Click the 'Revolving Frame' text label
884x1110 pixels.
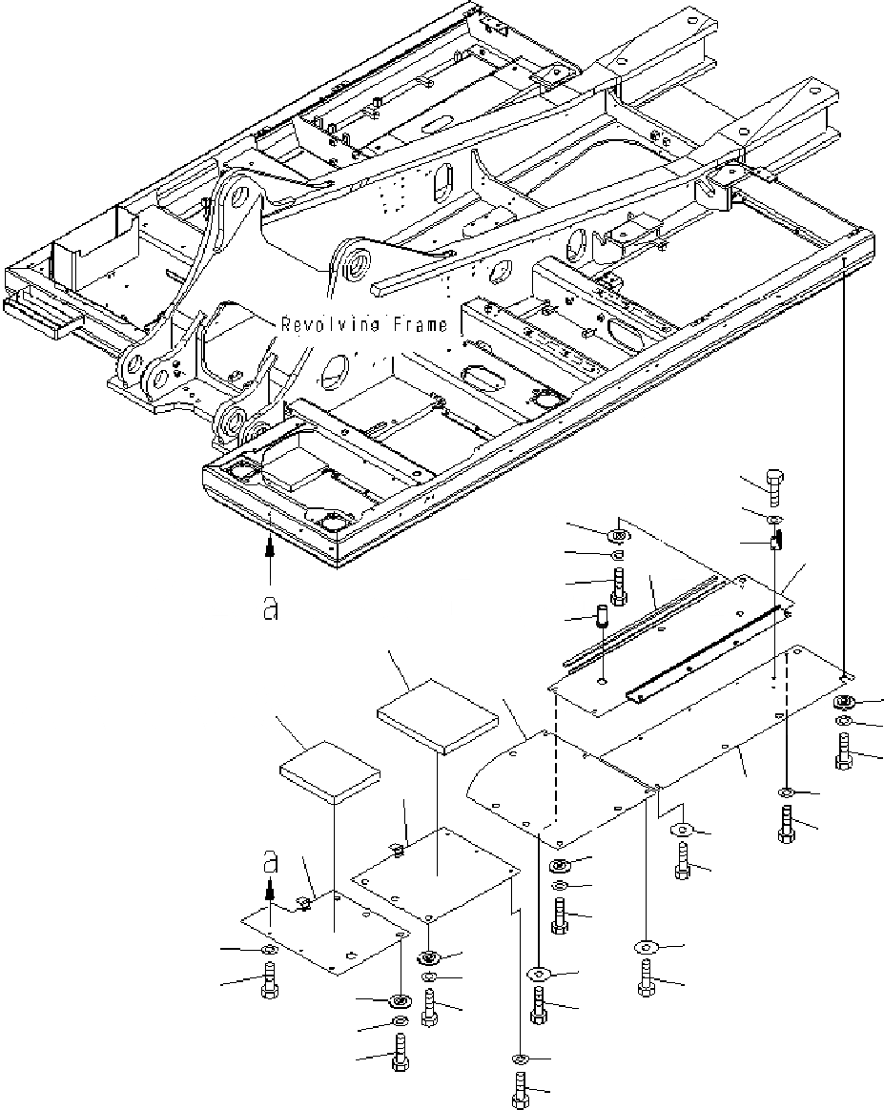click(363, 325)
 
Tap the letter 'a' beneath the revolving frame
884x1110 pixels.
click(271, 608)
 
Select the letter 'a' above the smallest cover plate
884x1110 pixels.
click(271, 864)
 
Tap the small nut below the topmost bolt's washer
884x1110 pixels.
click(775, 541)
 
